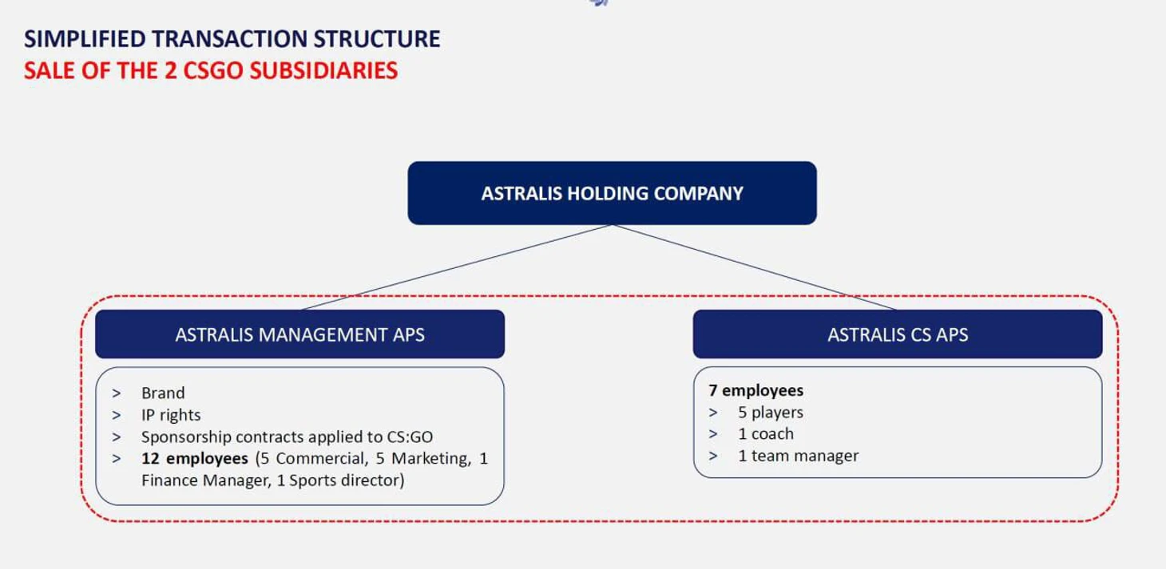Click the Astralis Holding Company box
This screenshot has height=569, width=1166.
612,193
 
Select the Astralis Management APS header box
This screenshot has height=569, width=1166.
299,334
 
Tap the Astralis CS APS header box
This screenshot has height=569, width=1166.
897,334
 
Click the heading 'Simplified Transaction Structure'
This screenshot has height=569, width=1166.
232,39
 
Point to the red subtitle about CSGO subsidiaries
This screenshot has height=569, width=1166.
211,70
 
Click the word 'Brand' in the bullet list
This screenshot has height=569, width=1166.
163,393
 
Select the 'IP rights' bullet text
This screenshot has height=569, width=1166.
171,415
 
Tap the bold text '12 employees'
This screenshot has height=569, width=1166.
194,459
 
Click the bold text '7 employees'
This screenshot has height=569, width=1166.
756,390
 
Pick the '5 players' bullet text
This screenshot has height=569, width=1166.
771,413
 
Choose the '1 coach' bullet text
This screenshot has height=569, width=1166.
766,434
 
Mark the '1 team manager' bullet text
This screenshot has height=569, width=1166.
798,456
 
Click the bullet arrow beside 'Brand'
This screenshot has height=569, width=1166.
117,393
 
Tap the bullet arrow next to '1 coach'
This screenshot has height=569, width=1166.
713,434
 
